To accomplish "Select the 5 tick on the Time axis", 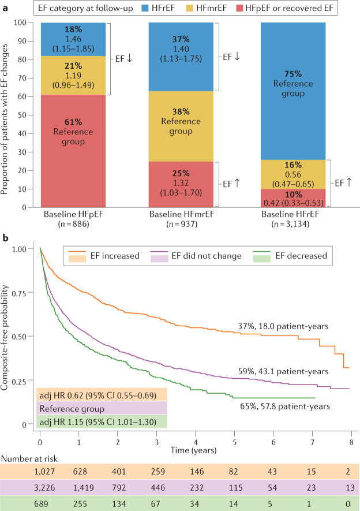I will tap(234, 441).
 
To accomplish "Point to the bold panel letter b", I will tap(5, 237).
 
